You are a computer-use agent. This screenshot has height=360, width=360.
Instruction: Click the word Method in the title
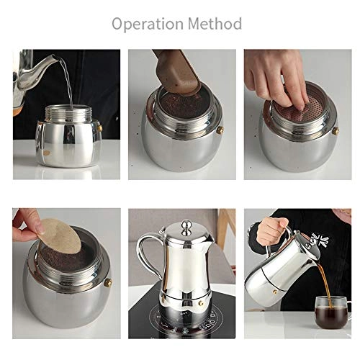[x=215, y=23]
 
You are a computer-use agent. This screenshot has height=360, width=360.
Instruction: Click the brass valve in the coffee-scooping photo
[x=220, y=130]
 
